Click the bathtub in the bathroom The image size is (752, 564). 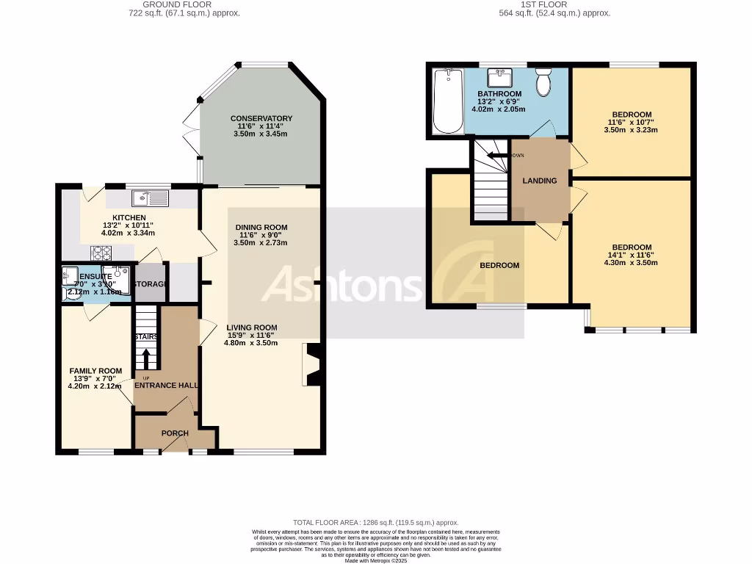point(447,101)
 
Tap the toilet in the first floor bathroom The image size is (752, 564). point(543,83)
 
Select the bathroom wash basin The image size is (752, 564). point(503,76)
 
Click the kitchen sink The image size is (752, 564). point(151,198)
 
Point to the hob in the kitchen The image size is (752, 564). point(101,253)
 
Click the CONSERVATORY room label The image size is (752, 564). point(261,118)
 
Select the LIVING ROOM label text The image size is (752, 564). point(251,328)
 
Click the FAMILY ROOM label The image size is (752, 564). point(95,371)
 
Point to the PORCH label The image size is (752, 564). point(175,433)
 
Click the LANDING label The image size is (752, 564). point(540,181)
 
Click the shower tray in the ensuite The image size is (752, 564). point(120,280)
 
